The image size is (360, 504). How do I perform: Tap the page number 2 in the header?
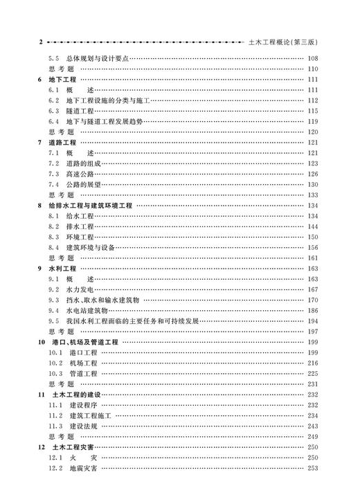tap(41, 42)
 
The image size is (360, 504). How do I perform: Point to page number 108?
tap(312, 59)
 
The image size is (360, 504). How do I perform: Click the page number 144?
tap(312, 226)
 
